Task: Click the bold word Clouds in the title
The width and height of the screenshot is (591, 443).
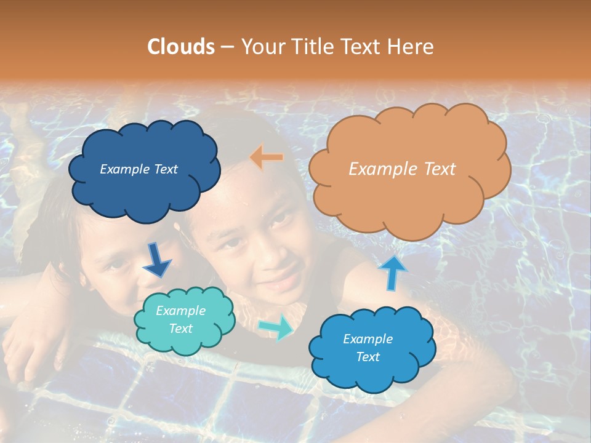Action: click(x=180, y=47)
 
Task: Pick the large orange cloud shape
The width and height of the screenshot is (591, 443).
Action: click(x=409, y=169)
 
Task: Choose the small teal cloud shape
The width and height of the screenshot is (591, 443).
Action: click(x=185, y=320)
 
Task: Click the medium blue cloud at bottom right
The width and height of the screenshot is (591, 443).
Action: click(x=371, y=348)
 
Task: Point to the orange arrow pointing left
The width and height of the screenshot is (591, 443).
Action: click(x=267, y=158)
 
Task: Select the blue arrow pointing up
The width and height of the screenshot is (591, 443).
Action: click(x=392, y=272)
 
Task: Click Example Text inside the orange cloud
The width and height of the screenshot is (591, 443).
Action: click(x=402, y=169)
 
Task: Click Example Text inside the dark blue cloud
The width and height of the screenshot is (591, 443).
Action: click(x=139, y=169)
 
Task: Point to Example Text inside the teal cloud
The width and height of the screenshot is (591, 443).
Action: click(x=181, y=320)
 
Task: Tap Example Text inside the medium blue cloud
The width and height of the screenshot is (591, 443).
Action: click(x=368, y=348)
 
